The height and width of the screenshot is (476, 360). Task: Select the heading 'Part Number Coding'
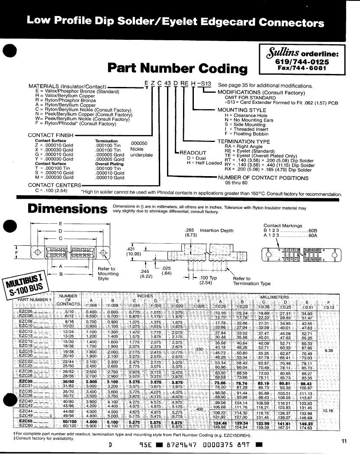coord(177,68)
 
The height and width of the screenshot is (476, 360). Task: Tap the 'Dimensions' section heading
coord(67,208)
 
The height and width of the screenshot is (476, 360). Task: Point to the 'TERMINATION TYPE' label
coord(244,142)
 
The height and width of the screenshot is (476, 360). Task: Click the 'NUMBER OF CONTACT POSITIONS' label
coord(263,177)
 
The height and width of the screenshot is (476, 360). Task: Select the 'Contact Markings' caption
coord(283,225)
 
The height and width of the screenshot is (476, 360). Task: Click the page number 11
coord(344,441)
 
